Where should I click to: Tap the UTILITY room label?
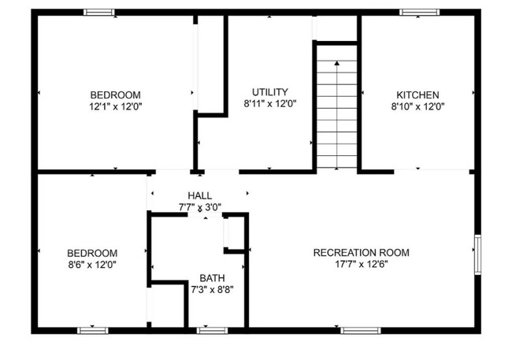point(270,91)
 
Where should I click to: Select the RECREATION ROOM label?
point(362,253)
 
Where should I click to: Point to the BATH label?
point(212,278)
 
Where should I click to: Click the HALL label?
point(199,195)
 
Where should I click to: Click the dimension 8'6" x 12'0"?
point(92,265)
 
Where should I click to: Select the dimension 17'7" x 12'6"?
point(362,265)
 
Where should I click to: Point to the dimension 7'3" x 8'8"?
point(212,290)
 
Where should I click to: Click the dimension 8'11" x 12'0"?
point(270,103)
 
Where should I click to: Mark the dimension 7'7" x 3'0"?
point(199,207)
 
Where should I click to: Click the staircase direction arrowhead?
point(337,62)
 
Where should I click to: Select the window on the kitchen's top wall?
point(419,12)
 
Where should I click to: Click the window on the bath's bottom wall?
point(212,330)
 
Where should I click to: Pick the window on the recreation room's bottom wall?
point(360,330)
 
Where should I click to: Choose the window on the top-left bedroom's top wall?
point(99,12)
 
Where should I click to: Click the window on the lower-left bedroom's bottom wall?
point(93,330)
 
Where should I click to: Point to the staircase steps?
point(337,118)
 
